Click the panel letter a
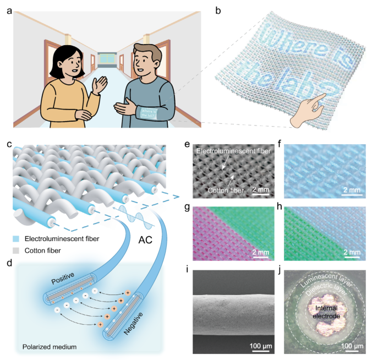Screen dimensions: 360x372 pyautogui.click(x=8, y=7)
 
